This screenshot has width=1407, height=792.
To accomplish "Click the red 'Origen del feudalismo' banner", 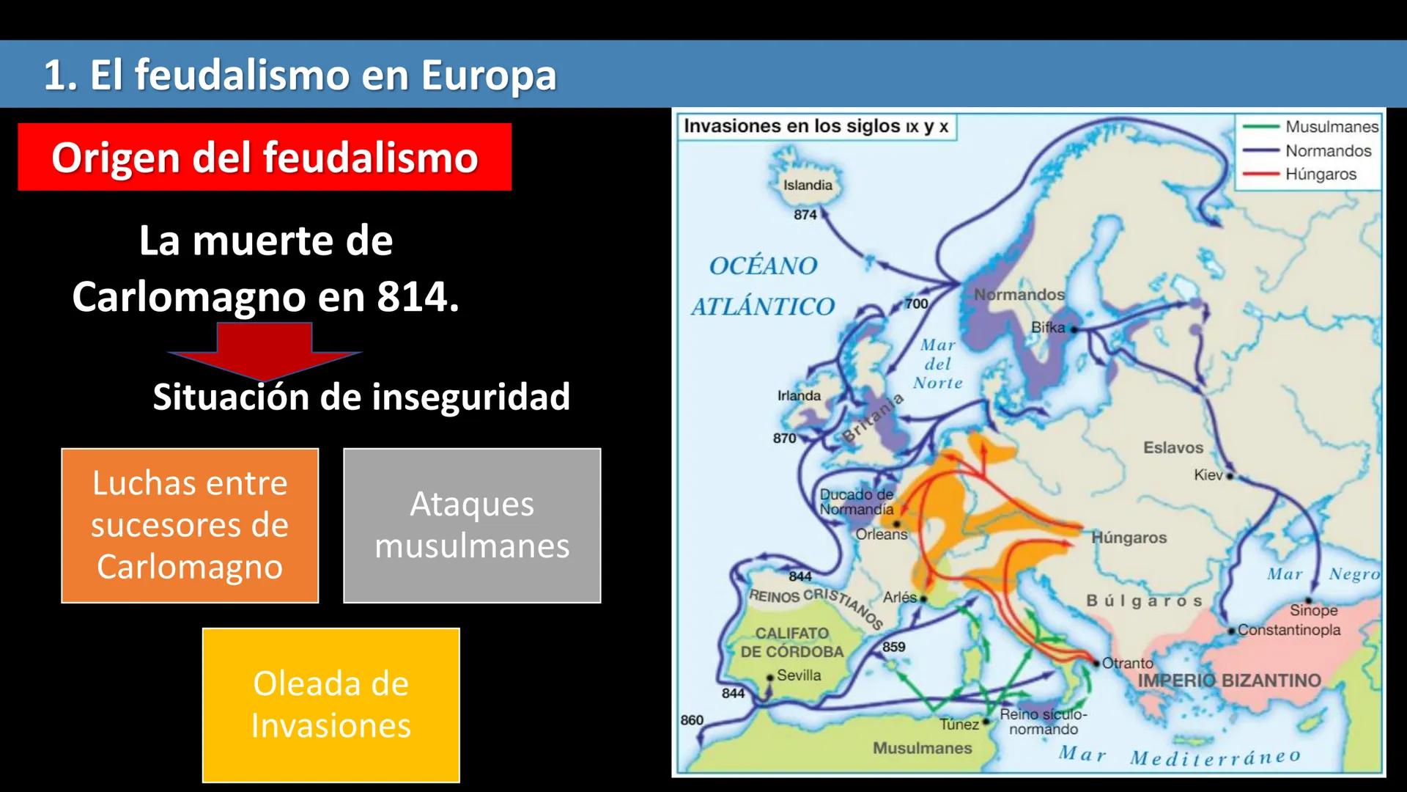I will point(265,157).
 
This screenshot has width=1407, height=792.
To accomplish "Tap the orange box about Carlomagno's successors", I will point(190,525).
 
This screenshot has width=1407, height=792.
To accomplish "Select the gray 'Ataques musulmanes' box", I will point(472,525).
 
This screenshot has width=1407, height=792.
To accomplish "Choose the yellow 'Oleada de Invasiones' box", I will point(331,705).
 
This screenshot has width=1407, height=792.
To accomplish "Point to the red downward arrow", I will point(265,350).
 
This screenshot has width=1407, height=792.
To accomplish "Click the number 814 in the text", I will point(413,297).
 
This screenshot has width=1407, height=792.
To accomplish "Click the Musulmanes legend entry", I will point(1331,127).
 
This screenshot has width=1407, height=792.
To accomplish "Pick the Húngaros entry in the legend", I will point(1321,175).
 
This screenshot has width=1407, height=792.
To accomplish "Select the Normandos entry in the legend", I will point(1328,151).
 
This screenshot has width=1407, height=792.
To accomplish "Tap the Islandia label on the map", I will point(808,186).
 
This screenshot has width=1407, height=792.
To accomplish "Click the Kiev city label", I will point(1208,475).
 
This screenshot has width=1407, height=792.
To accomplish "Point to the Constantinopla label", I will point(1289,630).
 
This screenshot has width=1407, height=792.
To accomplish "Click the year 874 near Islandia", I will point(805,215).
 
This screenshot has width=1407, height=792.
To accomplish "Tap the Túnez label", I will point(959,725).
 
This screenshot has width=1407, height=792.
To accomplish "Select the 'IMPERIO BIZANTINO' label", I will point(1229,681).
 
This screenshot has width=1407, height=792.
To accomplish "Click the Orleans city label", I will point(882,535).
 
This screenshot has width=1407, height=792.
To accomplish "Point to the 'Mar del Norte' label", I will point(938,364).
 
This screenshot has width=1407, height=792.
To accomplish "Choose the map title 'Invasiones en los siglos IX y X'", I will point(816,126).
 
